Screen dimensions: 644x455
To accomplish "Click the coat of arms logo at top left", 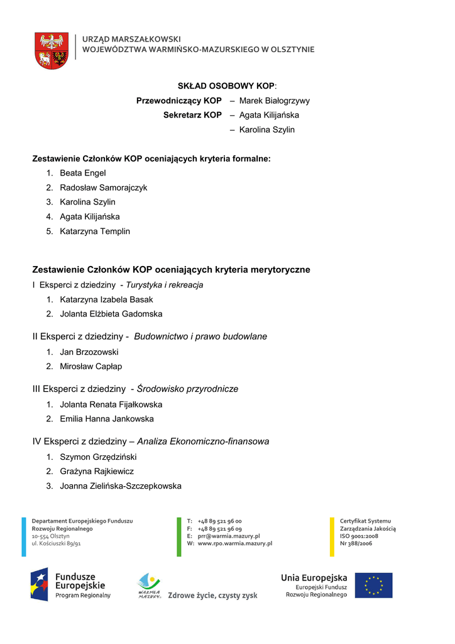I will coord(52,50).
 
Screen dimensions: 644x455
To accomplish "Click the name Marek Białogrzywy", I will coord(274,101).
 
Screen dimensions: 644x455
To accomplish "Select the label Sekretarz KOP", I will coord(192,115).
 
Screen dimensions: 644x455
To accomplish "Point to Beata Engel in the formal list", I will coord(82,173).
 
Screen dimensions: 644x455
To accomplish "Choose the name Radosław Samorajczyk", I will coord(103,187).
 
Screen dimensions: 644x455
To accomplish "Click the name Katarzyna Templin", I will coord(95,231).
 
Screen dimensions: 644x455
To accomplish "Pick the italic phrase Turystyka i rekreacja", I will coord(164,285).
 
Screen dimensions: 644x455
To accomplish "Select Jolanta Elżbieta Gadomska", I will coord(111,314).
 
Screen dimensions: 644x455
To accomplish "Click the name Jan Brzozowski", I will coord(89,352).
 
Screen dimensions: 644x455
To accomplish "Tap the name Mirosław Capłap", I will coord(90,367).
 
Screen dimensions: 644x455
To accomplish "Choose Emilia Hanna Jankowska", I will coord(106,419).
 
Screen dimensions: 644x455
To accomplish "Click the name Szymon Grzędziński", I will coord(98,457).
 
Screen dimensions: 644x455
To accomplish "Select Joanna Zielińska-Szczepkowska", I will coord(120,486).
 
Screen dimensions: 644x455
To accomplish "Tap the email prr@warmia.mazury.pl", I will coord(229,536).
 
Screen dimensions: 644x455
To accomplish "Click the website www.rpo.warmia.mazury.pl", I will coord(234,543).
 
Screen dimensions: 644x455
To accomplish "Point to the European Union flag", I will coord(373,585).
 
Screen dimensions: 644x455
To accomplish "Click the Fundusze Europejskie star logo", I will coord(39,584).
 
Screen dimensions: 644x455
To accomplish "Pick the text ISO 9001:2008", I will coord(359,536).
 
